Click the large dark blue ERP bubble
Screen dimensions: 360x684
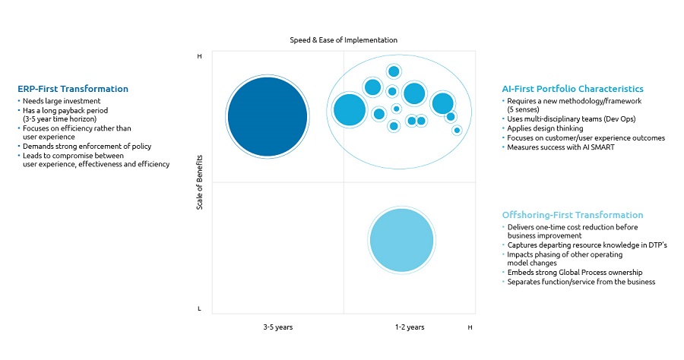(268, 116)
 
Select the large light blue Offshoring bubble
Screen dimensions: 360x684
(402, 239)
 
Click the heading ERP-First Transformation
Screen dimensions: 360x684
(73, 89)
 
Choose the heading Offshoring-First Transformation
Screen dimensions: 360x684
(572, 215)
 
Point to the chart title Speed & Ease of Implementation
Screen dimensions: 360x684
(344, 39)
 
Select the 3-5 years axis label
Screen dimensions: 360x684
(277, 327)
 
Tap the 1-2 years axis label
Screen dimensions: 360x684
(409, 327)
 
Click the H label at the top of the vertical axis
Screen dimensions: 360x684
(200, 56)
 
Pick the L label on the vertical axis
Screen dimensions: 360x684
(200, 308)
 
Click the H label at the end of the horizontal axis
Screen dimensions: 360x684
(470, 327)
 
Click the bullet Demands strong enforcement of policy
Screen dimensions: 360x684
(87, 146)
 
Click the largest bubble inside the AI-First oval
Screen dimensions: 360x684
(350, 110)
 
